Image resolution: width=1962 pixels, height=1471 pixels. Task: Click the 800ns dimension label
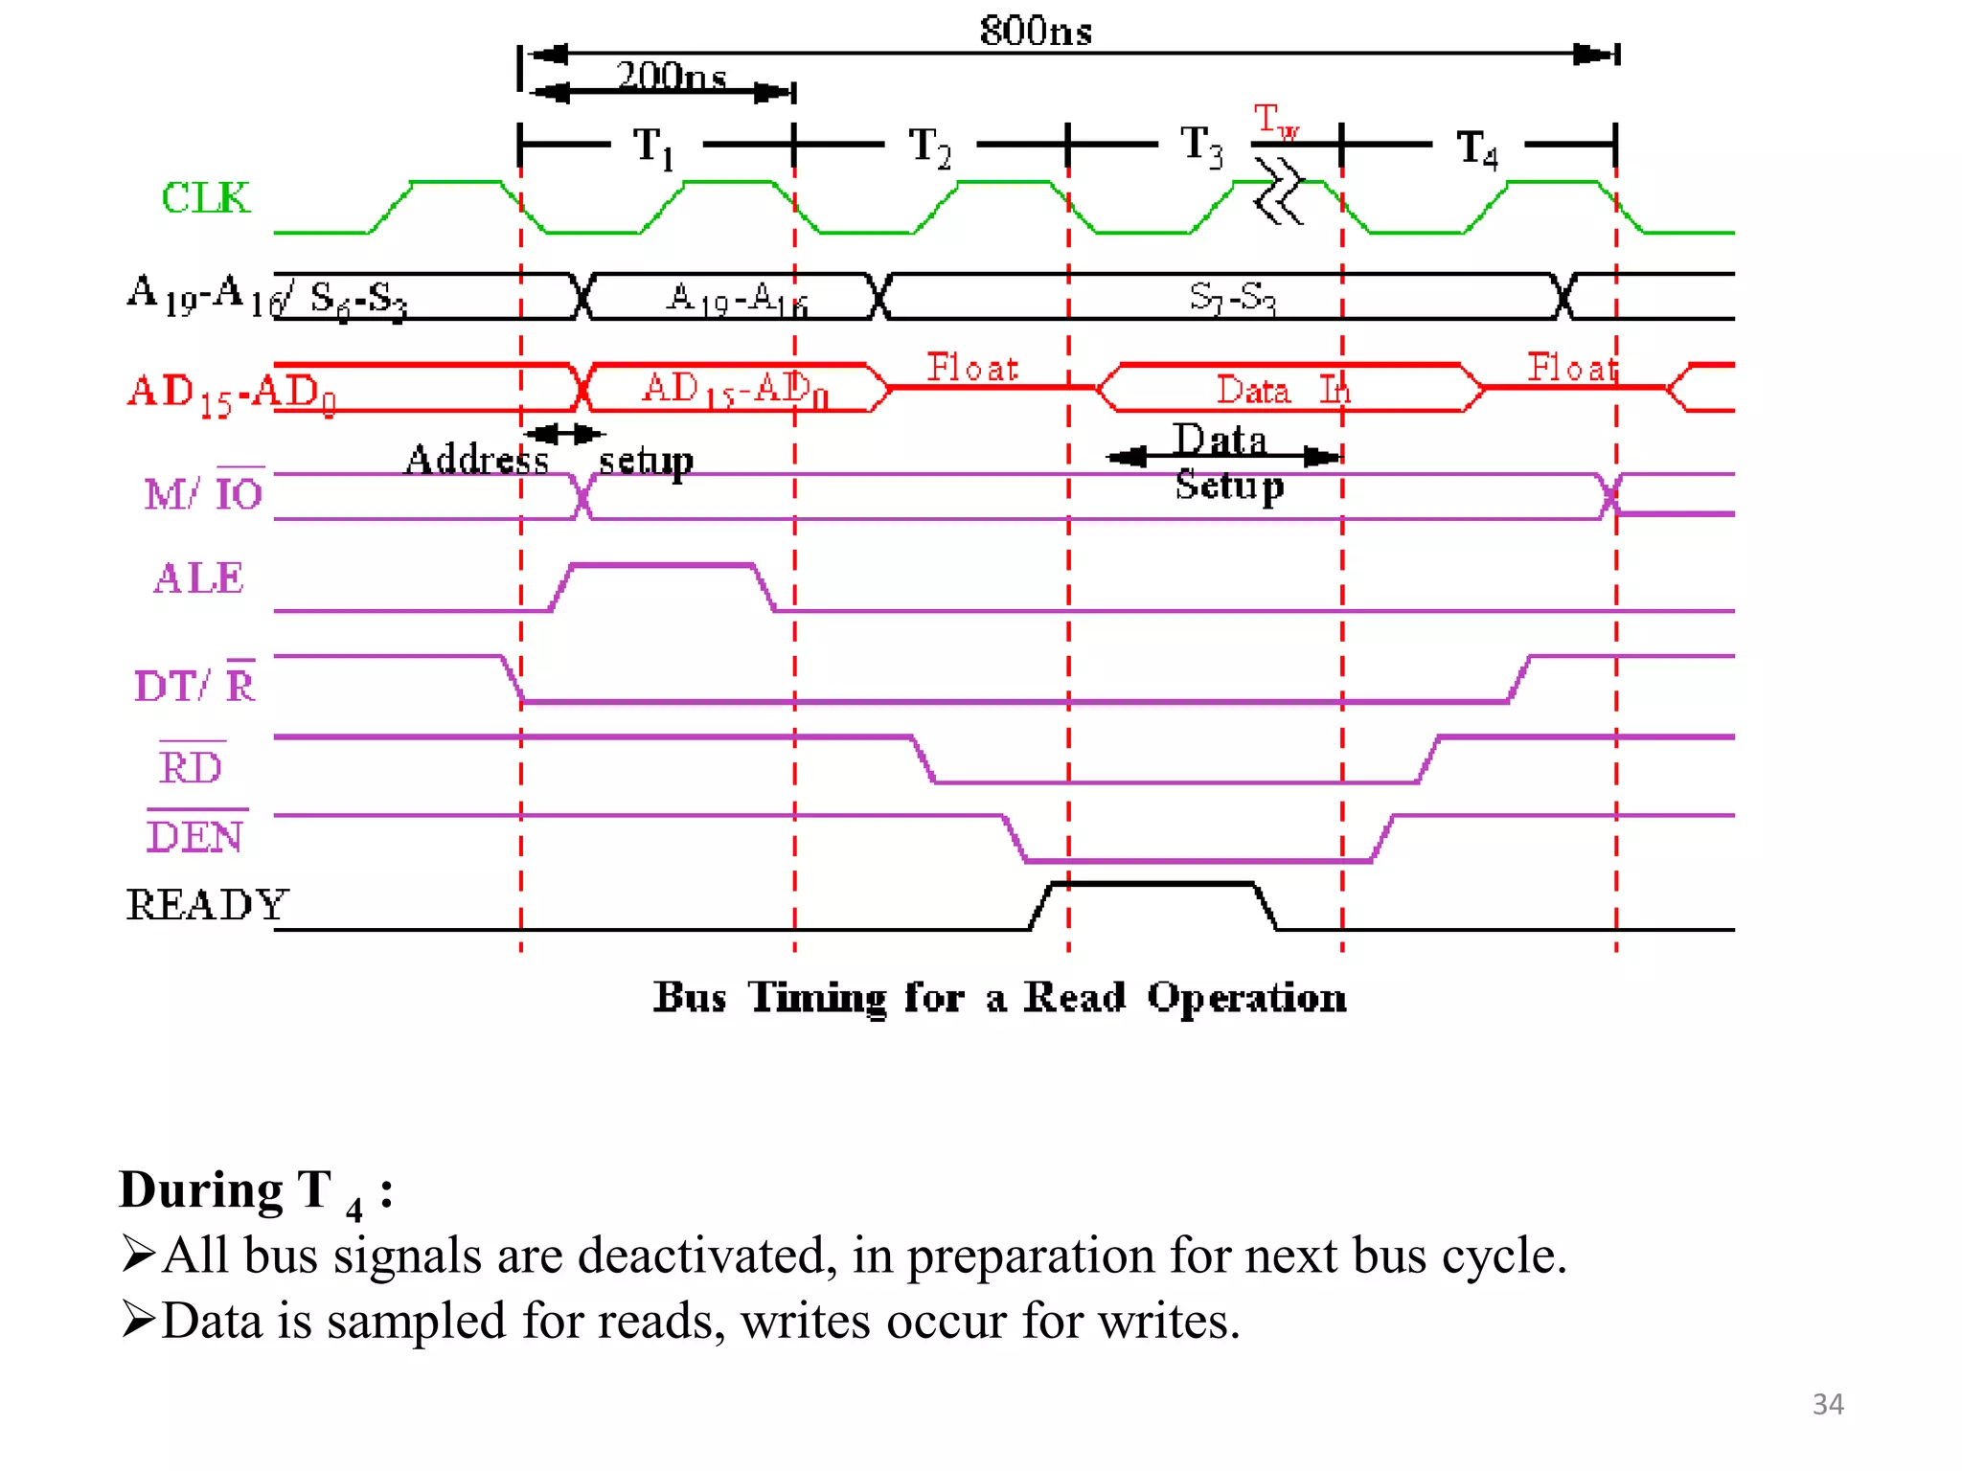tap(1036, 31)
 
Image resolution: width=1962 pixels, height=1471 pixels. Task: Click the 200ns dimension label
tap(671, 75)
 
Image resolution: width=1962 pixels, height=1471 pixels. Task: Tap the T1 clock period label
tap(654, 147)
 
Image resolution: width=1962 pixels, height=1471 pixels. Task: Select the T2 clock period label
tap(929, 147)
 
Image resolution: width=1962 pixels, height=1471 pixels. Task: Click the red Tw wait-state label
tap(1275, 121)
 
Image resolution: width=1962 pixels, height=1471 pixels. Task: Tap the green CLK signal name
tap(205, 198)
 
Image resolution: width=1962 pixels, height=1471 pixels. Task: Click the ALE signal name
tap(199, 578)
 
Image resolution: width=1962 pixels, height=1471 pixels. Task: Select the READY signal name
tap(207, 905)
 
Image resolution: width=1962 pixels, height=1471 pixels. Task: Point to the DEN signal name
tap(194, 837)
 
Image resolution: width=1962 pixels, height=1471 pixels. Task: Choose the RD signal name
tap(191, 768)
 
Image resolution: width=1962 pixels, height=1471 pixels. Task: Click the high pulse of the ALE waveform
tap(662, 566)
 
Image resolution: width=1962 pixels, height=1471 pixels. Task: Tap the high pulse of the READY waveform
tap(1152, 884)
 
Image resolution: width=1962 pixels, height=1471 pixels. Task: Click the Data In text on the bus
tap(1282, 390)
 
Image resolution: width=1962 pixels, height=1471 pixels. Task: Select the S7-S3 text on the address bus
tap(1232, 297)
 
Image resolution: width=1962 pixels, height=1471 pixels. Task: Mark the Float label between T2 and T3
tap(972, 368)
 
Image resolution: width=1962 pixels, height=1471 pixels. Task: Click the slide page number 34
tap(1827, 1404)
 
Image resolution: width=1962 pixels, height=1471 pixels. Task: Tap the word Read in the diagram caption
tap(1074, 998)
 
